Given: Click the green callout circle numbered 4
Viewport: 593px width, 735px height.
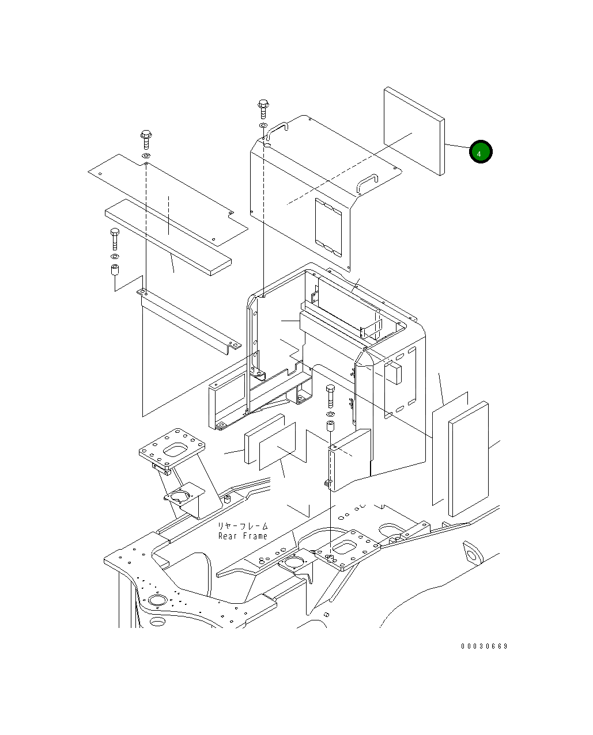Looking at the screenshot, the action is (x=481, y=151).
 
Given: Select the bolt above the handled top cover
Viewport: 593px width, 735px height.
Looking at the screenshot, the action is (x=263, y=109).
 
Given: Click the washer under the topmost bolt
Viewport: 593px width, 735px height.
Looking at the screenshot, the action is (x=263, y=125).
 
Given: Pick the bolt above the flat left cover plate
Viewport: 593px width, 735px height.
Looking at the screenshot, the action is (x=146, y=139).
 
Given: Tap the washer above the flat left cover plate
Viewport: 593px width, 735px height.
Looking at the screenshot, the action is (x=146, y=156).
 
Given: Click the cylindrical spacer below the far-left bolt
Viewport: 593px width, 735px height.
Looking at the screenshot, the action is (x=115, y=269).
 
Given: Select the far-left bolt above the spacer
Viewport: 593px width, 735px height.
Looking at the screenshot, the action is (x=115, y=239).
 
